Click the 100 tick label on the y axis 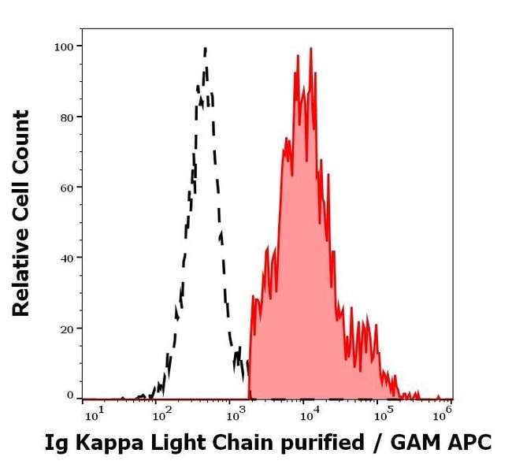(x=63, y=46)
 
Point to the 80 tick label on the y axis (x=66, y=117)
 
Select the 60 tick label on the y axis (x=66, y=188)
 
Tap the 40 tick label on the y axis (x=66, y=258)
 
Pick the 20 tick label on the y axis (x=66, y=329)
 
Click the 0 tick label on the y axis (x=70, y=396)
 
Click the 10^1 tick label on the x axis (x=92, y=414)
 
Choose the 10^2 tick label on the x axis (x=161, y=414)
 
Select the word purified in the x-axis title (x=327, y=444)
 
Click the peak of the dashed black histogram (x=206, y=49)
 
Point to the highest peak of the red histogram (x=311, y=49)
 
